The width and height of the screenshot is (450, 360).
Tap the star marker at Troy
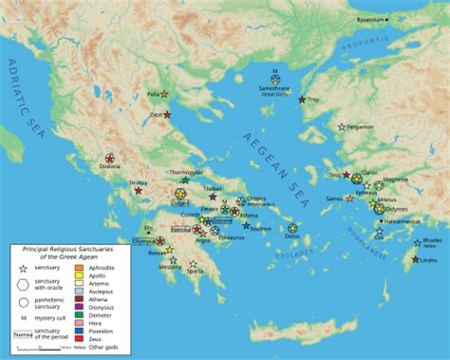tap(303, 100)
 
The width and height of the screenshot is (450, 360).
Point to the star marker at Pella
tap(164, 94)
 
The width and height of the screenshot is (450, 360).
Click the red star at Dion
tap(167, 115)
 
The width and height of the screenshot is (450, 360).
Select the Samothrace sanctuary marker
tap(275, 79)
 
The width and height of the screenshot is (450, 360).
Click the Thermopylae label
tap(186, 172)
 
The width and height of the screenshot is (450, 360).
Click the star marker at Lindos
tap(416, 259)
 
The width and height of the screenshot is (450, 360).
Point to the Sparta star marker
tap(194, 264)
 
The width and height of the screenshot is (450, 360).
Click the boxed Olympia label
tap(144, 241)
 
